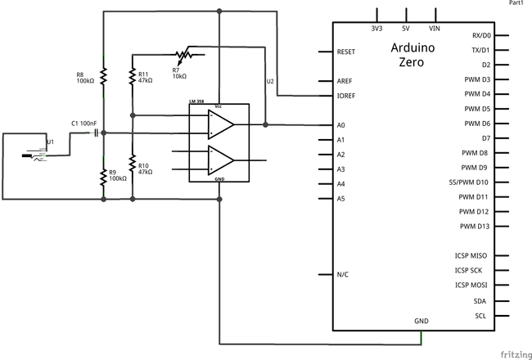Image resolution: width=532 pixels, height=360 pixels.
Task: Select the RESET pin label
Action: tap(346, 52)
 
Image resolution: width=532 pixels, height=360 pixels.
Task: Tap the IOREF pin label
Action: tap(346, 96)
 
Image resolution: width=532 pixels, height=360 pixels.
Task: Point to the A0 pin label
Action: tap(341, 125)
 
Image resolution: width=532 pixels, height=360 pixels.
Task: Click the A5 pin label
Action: tap(341, 198)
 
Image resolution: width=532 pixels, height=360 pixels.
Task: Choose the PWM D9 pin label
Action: tap(474, 168)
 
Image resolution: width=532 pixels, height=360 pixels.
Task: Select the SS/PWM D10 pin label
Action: tap(468, 182)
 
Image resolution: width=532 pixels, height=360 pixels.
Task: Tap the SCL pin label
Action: tap(481, 316)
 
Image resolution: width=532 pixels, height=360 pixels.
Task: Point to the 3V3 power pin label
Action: tap(376, 29)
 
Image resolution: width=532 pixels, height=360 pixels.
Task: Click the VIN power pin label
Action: tap(435, 29)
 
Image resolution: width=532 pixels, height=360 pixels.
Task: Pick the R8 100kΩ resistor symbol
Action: tap(104, 75)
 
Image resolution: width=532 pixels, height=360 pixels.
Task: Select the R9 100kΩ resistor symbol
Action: tap(104, 176)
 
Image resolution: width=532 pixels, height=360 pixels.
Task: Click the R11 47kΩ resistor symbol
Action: tap(133, 75)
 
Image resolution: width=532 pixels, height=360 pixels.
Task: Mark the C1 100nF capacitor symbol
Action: tap(96, 133)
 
